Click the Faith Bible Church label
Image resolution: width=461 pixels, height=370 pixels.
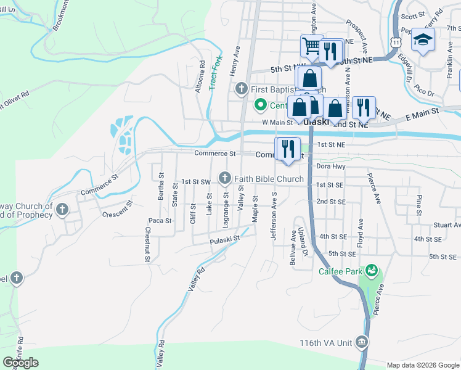click(x=269, y=179)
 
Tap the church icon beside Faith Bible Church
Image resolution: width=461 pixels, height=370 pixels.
click(x=225, y=179)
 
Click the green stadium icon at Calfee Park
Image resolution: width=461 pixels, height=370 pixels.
click(x=371, y=270)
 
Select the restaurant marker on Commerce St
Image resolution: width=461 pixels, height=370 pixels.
click(x=288, y=149)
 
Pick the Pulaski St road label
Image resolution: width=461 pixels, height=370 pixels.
click(x=223, y=241)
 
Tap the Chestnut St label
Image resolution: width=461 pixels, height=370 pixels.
click(x=147, y=245)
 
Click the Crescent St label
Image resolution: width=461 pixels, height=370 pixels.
click(x=118, y=210)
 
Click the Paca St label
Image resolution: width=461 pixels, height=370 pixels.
click(x=160, y=220)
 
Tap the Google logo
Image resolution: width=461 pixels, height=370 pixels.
click(x=20, y=363)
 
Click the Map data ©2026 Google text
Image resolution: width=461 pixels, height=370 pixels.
click(x=423, y=365)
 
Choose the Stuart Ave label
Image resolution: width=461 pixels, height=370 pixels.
click(x=447, y=225)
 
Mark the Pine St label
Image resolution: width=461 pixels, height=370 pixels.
click(x=419, y=200)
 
